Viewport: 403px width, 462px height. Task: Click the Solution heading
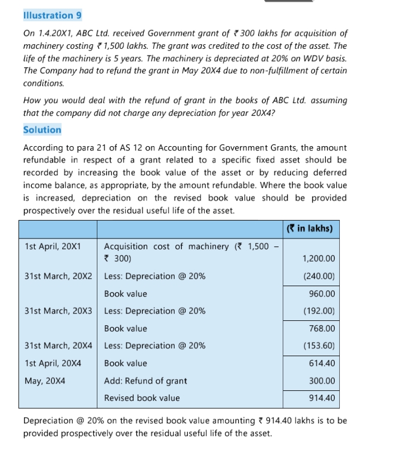click(43, 129)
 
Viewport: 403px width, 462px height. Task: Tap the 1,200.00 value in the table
click(318, 259)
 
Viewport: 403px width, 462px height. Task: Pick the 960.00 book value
click(322, 293)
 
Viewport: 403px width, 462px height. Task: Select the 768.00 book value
click(322, 328)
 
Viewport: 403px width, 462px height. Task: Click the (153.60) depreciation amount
click(318, 346)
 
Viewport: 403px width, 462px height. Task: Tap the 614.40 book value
click(322, 363)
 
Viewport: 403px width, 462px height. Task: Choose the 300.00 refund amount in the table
click(322, 381)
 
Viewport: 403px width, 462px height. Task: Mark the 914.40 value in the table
click(322, 398)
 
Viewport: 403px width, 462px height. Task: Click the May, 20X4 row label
click(45, 381)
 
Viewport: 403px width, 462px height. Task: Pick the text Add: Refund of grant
click(146, 381)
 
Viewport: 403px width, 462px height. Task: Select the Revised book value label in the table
click(142, 398)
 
